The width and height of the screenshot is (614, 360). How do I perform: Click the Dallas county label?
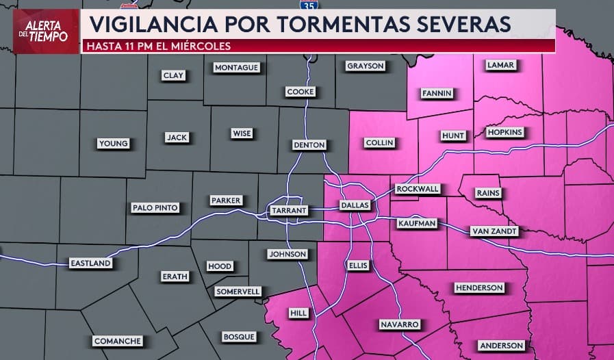pos(355,205)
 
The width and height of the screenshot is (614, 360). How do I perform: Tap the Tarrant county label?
pos(288,210)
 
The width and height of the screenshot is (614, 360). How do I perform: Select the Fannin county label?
pos(437,93)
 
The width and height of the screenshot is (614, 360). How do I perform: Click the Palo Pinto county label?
pos(155,207)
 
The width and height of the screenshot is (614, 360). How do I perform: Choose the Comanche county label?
pos(118,341)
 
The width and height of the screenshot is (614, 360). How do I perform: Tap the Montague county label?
pos(236,68)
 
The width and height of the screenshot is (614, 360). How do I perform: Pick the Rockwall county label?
pos(418,189)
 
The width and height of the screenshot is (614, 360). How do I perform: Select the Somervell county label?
pos(238,292)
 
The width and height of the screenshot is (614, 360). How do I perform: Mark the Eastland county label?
pos(90,263)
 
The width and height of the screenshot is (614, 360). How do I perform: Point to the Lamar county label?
pos(500,65)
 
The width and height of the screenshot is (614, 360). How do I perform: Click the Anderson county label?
pos(502,346)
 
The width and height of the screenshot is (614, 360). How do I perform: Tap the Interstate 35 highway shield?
pos(310,5)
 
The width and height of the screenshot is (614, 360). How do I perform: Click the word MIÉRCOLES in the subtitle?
pos(199,47)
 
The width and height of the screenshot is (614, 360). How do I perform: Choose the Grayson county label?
pos(366,66)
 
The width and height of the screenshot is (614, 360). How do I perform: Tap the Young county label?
pos(113,144)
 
